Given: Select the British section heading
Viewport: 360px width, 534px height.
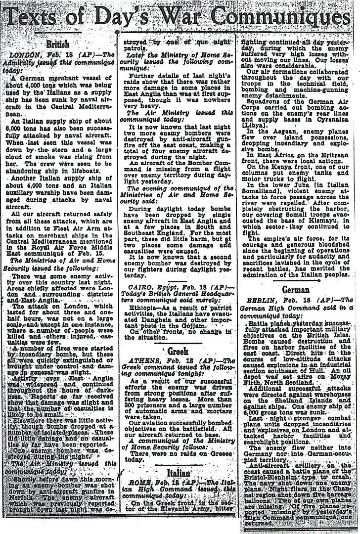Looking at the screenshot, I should click(57, 44).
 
